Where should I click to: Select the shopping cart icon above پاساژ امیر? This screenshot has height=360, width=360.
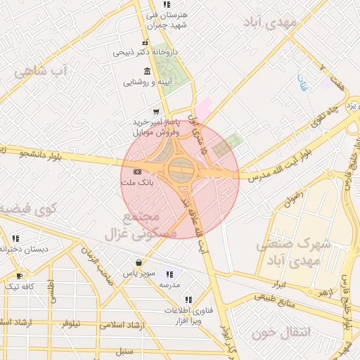point(155,111)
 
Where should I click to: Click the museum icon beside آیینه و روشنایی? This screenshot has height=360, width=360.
point(146,71)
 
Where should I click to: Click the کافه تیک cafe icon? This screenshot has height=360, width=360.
point(19,275)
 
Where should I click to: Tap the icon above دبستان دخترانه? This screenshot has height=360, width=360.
point(15,238)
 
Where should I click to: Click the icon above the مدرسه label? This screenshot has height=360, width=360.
point(169,275)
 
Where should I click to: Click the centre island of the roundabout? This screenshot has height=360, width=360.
point(180,169)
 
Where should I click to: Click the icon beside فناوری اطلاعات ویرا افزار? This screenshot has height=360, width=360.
point(187,300)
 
